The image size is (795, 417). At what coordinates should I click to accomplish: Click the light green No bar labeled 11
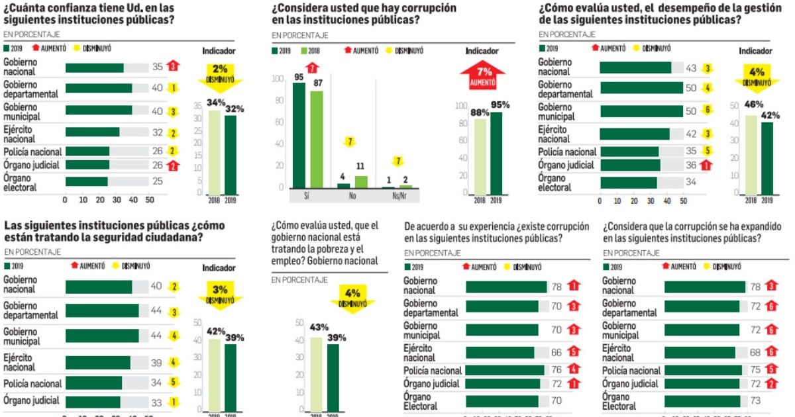coord(361,181)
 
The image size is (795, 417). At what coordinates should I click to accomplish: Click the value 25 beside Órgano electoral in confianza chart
coord(158,181)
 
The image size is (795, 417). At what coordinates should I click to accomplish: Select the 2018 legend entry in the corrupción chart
coord(311,51)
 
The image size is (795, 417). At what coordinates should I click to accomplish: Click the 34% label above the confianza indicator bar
coord(215,102)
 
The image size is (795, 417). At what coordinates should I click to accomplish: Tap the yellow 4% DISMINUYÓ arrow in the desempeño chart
coord(756,77)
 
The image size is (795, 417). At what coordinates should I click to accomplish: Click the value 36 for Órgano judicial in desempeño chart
coord(691,165)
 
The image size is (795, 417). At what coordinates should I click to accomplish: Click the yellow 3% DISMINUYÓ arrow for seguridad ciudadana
coord(220,294)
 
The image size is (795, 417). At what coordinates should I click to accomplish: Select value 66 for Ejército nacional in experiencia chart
coord(557,352)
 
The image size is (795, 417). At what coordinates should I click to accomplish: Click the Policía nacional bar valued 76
coord(505,371)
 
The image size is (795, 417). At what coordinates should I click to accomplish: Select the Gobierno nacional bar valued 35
coord(94,67)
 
